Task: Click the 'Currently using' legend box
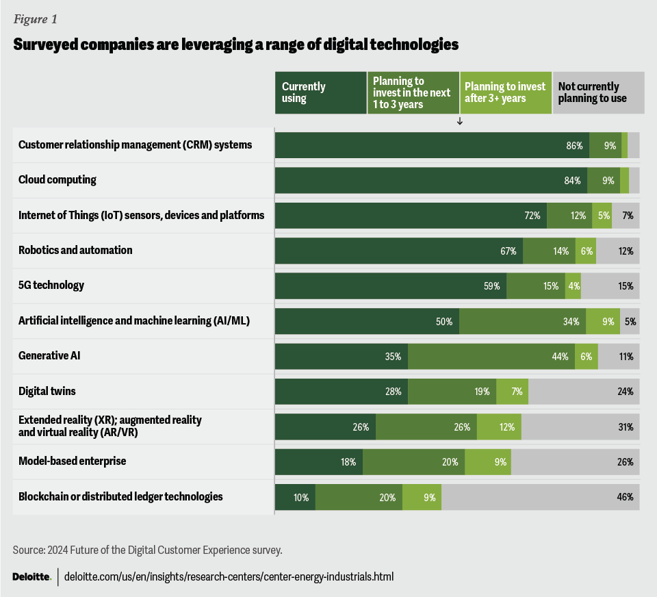click(320, 92)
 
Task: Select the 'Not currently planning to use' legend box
click(598, 92)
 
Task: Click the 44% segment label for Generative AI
click(561, 357)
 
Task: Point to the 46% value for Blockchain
click(625, 498)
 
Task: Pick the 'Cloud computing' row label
click(57, 180)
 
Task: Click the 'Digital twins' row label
click(47, 392)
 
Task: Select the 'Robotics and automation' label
click(75, 250)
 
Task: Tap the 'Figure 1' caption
click(35, 19)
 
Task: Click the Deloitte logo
click(31, 576)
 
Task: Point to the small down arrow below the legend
click(460, 121)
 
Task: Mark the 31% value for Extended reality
click(625, 427)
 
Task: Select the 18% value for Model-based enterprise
click(348, 462)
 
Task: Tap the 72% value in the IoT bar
click(532, 216)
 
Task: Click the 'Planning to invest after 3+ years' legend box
click(505, 92)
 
